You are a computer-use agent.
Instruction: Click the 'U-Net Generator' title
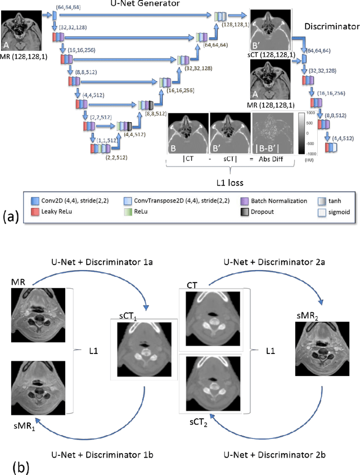click(x=141, y=5)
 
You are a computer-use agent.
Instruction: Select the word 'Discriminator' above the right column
click(x=331, y=26)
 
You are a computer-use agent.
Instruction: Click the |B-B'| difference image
click(x=272, y=132)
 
